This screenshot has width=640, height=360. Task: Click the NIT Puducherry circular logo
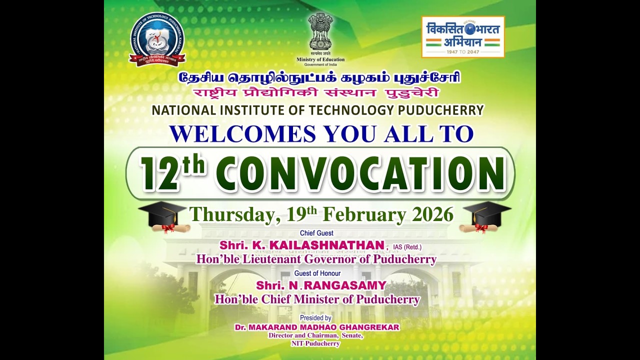[157, 39]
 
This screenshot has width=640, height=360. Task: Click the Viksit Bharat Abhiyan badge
[463, 36]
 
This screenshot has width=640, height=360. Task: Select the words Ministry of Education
[320, 59]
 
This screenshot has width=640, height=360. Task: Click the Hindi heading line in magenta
[317, 93]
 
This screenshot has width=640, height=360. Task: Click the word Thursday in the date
[230, 215]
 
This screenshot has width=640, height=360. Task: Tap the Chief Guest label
[316, 233]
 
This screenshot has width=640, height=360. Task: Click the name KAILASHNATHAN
[327, 245]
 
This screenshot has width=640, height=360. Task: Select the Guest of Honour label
[317, 273]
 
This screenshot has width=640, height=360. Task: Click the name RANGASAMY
[345, 285]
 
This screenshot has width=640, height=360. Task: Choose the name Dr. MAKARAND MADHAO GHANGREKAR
[317, 327]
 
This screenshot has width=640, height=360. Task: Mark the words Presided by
[315, 318]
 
